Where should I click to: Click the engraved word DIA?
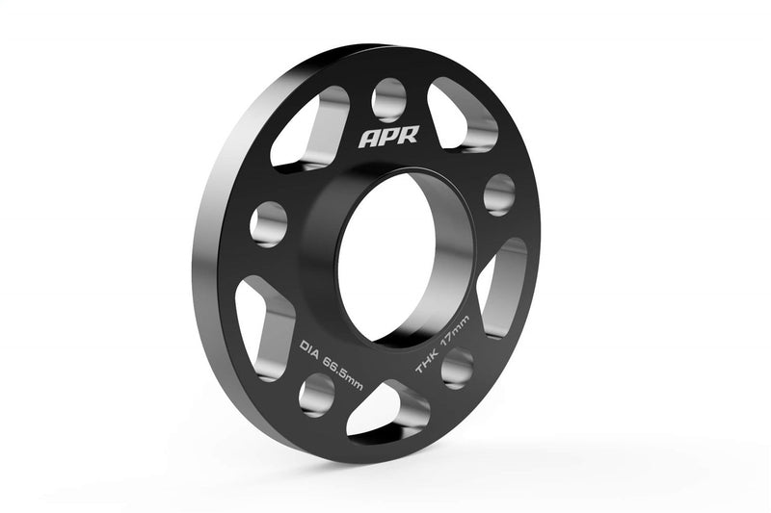307,344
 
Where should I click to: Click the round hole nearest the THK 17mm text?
457,368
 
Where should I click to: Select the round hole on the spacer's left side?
268,223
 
